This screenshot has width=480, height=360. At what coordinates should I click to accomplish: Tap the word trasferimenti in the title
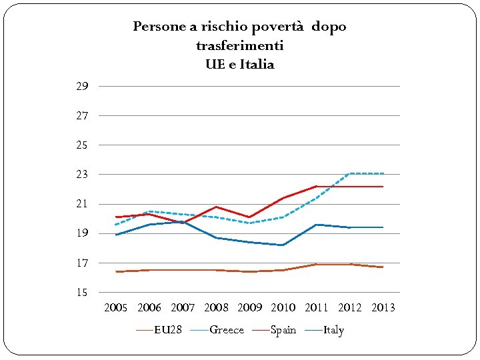pos(239,46)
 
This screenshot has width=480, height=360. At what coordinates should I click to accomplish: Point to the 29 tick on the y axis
pos(82,87)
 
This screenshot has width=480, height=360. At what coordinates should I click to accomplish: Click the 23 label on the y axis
pos(82,175)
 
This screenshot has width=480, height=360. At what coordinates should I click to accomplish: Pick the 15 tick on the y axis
pos(82,293)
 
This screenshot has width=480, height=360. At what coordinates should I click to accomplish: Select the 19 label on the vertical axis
pos(82,233)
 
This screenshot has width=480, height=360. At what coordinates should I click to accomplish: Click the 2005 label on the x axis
pos(116,308)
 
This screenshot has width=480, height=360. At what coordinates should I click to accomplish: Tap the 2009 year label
pos(250,308)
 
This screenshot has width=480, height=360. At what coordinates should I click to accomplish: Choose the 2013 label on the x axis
pos(383,308)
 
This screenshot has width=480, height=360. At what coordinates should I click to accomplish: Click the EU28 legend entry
pos(167,330)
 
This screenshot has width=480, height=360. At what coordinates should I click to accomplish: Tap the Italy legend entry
pos(333,330)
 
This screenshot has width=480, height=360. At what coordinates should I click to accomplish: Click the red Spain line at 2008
pos(216,207)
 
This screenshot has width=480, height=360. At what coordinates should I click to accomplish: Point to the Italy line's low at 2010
pos(283,245)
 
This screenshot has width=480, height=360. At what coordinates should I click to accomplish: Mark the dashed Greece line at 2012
pos(350,173)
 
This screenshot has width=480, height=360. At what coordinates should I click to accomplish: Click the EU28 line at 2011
pos(317,265)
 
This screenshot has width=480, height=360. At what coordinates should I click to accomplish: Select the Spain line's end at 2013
pos(383,187)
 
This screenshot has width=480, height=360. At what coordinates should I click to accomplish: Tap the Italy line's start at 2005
pos(117,235)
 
